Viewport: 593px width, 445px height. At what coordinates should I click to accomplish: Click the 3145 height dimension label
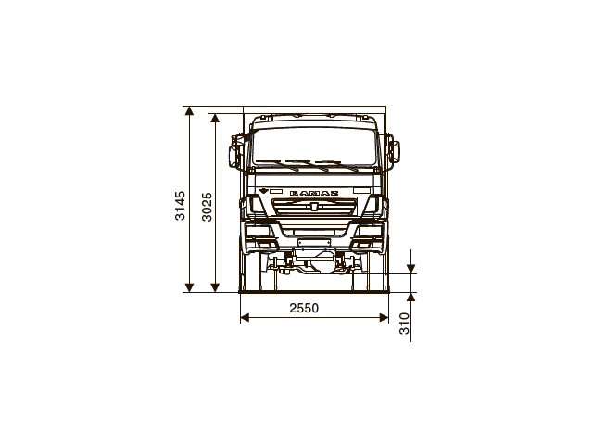[x=181, y=206]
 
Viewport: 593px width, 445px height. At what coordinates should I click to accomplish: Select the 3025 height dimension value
[x=208, y=206]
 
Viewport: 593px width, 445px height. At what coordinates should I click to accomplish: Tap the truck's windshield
[x=314, y=143]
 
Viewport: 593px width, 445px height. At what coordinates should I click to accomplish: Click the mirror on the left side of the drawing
[x=236, y=153]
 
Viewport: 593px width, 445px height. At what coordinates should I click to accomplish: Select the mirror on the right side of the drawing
[x=393, y=152]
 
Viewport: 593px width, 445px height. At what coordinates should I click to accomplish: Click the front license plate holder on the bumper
[x=314, y=242]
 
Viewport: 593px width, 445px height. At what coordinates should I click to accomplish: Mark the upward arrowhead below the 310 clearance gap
[x=411, y=299]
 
